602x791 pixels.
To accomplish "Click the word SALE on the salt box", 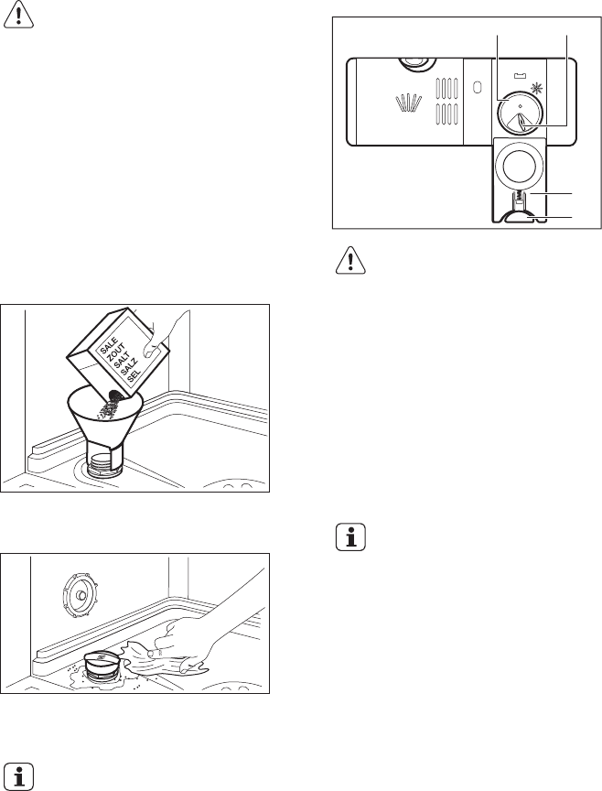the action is [x=110, y=346].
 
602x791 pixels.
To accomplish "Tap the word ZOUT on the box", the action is [x=116, y=353].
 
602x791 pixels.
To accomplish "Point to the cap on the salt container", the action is [x=104, y=662].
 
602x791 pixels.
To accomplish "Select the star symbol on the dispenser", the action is [x=537, y=89].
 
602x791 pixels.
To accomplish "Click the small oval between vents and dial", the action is [x=477, y=87].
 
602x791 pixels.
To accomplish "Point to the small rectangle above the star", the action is [x=520, y=76].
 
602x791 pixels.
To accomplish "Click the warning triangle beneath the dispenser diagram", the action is [x=350, y=260].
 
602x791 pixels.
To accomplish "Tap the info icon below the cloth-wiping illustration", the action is [x=18, y=775].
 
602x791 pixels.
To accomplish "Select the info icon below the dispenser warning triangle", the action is [x=350, y=537].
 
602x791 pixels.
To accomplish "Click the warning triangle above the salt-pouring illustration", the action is [x=18, y=14].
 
